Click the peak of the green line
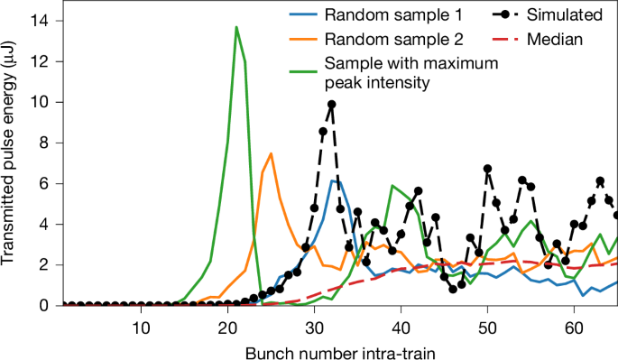tap(236, 27)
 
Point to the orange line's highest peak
tap(271, 153)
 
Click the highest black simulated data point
tap(331, 105)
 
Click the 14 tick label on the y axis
tap(42, 21)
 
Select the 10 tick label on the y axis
tap(42, 102)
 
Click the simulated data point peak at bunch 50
tap(487, 169)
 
